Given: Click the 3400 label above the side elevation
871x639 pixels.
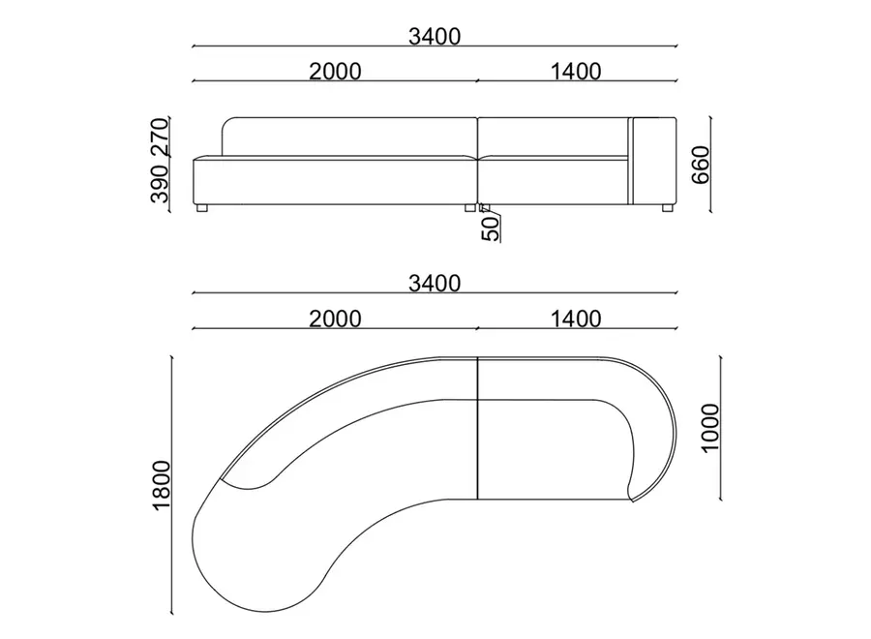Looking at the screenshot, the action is point(435,36).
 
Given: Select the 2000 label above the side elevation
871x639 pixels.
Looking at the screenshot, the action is point(335,71).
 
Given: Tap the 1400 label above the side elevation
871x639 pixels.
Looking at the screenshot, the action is point(576,71).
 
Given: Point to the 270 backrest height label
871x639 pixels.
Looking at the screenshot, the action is point(160,137).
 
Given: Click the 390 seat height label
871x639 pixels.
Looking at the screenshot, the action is point(160,184).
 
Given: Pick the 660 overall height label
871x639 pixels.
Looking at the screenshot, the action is point(701,165).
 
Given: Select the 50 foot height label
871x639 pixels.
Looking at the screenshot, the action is point(490,228).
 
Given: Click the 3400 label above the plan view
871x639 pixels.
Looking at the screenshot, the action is point(435,284).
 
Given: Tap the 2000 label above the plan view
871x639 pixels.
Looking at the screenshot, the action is point(335,319).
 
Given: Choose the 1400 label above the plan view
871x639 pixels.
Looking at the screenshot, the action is point(576,319).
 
